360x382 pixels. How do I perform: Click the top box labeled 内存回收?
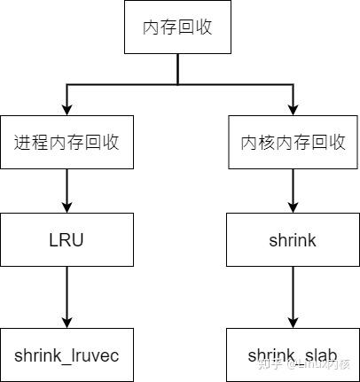click(x=178, y=28)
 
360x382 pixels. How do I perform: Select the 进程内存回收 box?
click(x=67, y=142)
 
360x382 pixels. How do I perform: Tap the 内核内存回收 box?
click(x=293, y=142)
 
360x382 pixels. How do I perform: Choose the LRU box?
click(x=67, y=239)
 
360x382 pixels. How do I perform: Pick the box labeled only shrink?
click(x=293, y=239)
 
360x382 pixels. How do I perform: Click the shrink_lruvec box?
click(x=67, y=355)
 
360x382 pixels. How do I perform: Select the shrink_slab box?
click(x=293, y=355)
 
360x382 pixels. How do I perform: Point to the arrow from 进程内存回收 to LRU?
click(x=67, y=191)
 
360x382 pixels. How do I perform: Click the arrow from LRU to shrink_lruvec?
click(x=67, y=297)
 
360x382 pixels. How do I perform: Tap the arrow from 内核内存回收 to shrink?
click(x=293, y=191)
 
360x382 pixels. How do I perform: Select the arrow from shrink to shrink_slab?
click(x=293, y=297)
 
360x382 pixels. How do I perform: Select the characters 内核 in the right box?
click(x=258, y=142)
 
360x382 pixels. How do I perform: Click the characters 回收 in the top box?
click(x=196, y=28)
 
